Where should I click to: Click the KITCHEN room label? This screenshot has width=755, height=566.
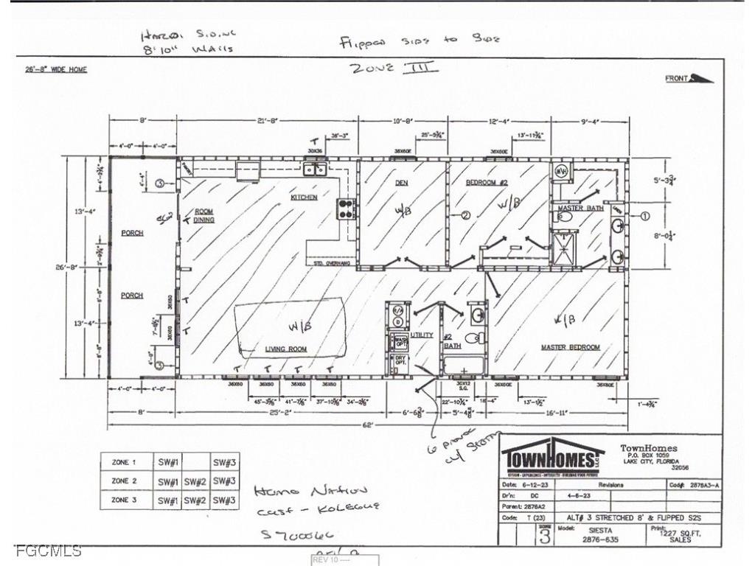pos(303,198)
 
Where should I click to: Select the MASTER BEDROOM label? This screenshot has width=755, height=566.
pos(570,347)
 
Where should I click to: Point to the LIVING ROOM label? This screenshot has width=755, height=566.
pos(286,349)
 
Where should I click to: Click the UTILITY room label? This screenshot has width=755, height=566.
pos(422,335)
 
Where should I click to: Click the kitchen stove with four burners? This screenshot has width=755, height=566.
pos(346,209)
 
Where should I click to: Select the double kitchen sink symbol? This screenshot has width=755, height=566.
pos(316,170)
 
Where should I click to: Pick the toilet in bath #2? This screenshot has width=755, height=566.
pos(473,338)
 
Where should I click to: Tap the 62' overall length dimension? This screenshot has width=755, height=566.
pos(368,424)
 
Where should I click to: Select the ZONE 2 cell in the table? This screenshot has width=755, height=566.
pos(124,481)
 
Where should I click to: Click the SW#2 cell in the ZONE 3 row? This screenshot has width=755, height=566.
pos(195,500)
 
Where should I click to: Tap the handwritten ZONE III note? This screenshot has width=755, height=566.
pos(394,69)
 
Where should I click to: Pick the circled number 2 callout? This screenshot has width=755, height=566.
pos(465,216)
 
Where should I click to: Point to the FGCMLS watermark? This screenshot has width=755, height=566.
pos(48,551)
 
